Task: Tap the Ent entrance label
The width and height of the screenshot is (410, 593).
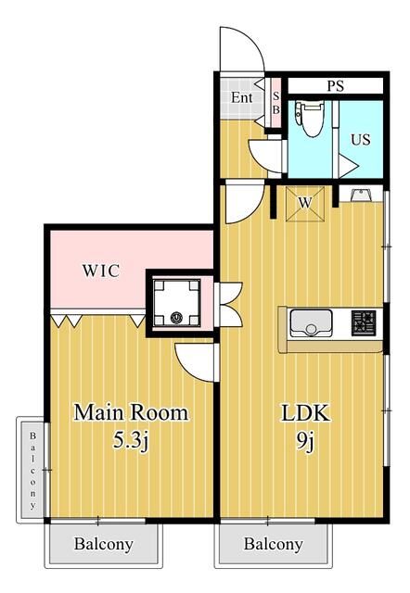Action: pos(242,97)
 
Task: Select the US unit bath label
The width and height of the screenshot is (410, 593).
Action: pos(360,141)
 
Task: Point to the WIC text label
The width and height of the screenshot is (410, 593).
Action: pos(99,271)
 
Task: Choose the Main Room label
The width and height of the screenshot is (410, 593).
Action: pos(131,412)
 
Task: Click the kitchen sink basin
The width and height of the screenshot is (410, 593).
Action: pos(312,324)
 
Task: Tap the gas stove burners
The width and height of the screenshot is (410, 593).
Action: pos(363,324)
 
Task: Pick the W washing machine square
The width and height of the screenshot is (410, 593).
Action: pos(303,202)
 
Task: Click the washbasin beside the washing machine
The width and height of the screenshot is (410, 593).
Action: pos(360,195)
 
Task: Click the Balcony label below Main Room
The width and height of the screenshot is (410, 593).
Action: pos(104,544)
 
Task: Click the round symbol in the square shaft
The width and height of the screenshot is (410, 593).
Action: pos(176,320)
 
